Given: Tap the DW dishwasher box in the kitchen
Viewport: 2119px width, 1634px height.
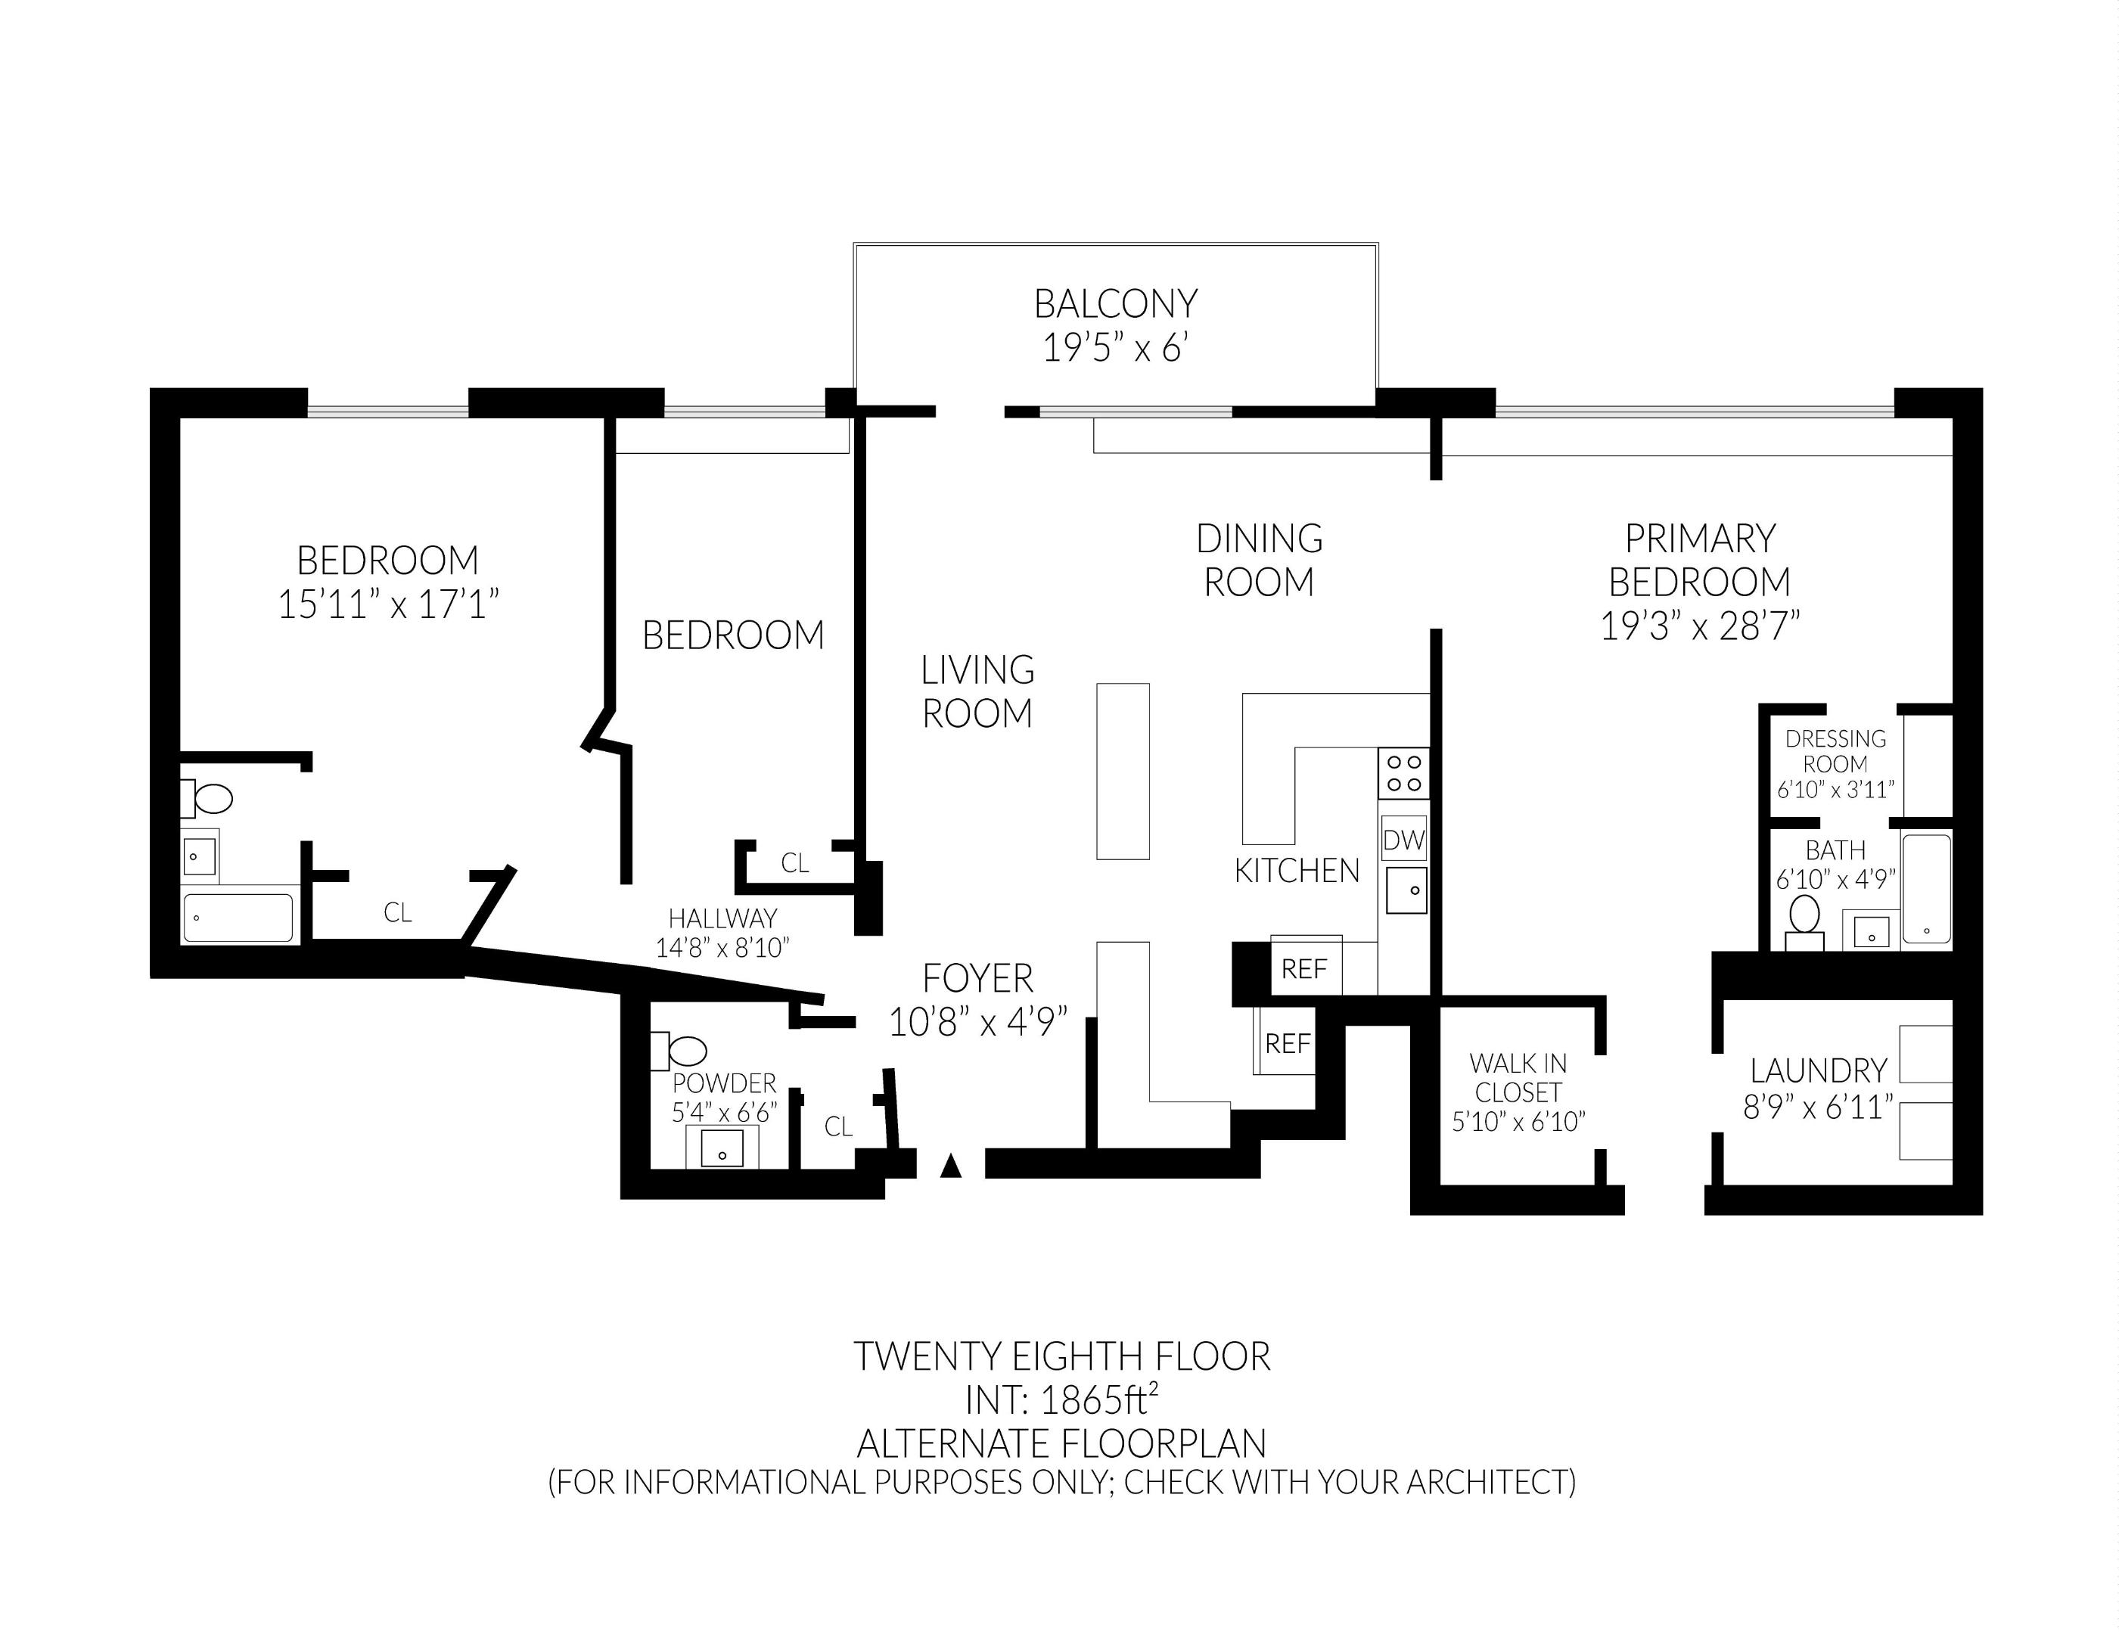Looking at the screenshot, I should pos(1403,840).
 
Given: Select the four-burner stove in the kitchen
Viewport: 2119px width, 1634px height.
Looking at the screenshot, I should pos(1403,773).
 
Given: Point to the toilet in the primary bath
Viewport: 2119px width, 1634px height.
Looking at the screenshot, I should pos(1804,918).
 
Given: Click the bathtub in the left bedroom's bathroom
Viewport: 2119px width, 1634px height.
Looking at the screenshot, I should pos(238,918).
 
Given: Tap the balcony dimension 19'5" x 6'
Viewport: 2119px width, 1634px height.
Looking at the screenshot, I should pos(1115,347).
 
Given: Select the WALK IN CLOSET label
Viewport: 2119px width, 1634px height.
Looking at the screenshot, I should pos(1518,1078).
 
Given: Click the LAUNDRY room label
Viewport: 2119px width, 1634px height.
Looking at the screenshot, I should pos(1817,1071).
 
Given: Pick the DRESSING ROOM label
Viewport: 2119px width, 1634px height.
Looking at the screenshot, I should pos(1835,751).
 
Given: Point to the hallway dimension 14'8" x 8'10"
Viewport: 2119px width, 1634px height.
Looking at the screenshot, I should pos(722,948).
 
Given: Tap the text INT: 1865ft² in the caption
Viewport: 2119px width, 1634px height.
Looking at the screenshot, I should pos(1061,1399).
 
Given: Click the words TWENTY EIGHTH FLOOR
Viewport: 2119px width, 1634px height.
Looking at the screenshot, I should pos(1061,1356).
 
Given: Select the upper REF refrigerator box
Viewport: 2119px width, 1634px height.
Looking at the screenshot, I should pos(1305,968).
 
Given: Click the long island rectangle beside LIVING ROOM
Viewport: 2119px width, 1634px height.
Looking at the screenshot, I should pos(1123,772).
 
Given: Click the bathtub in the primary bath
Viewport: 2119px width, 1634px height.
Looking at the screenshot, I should pos(1926,889).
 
